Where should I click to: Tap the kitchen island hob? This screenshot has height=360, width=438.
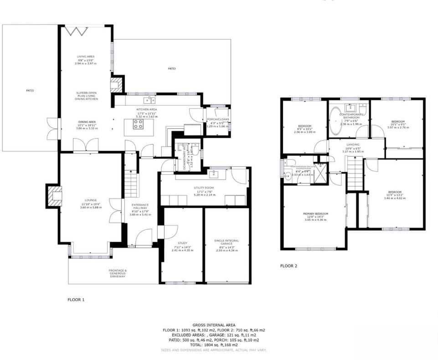[x=138, y=124]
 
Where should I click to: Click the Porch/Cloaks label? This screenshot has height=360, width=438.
[x=218, y=120]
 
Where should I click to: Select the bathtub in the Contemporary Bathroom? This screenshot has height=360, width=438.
[x=337, y=122]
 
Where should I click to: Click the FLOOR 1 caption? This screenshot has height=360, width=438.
[x=76, y=300]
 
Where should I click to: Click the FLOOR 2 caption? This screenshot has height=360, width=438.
[x=289, y=266]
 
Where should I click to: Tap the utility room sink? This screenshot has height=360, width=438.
[x=213, y=174]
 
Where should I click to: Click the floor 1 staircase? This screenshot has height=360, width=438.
[x=131, y=183]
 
